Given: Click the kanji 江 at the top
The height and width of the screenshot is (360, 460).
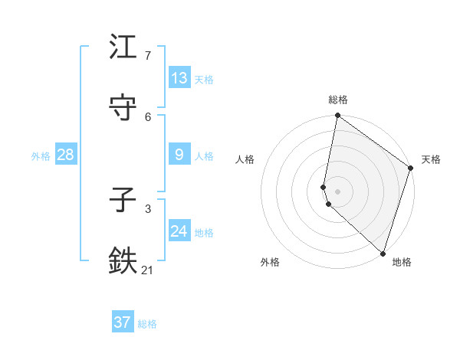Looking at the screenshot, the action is coord(123,47).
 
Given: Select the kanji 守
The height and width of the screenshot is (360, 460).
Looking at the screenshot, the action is coord(123,106).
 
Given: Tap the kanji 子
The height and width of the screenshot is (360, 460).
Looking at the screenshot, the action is coord(123,201).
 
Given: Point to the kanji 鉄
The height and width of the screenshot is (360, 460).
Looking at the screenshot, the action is coord(123,260).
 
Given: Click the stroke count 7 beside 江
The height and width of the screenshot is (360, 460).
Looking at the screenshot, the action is coord(148,56).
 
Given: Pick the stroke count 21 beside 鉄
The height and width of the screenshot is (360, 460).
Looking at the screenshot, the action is coord(148,269).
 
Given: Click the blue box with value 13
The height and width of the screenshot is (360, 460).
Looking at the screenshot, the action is coord(179,78).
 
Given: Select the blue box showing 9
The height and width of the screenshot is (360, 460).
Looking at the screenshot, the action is coord(179,155).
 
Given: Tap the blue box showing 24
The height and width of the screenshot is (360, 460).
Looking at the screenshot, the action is coord(179,231).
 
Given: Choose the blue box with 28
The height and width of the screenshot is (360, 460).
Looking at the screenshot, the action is coord(66,155).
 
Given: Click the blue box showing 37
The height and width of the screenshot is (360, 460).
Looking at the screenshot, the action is coord(123,322).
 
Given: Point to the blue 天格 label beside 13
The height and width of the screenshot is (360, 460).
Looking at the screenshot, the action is coord(204,79).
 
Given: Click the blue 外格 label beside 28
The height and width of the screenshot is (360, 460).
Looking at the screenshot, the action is coord(41,155).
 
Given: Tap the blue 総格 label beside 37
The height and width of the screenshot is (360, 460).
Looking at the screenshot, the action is coord(147,323).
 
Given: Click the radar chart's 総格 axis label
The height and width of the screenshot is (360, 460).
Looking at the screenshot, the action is coord(338,100).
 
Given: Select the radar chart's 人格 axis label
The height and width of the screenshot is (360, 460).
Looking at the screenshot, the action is coord(245,159).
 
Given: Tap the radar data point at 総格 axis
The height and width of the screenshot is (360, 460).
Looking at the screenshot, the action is coord(338,116).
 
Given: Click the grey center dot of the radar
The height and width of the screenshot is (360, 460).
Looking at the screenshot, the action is coord(338,191).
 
